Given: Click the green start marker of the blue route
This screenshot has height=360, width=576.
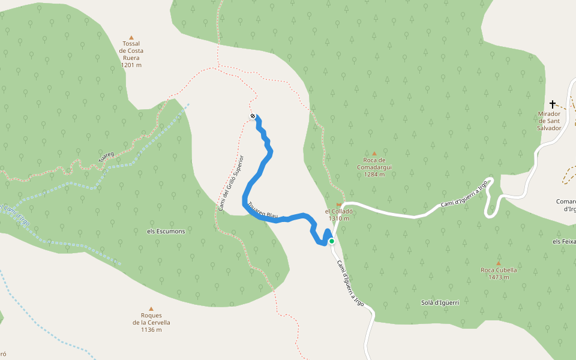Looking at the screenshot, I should coord(331,241).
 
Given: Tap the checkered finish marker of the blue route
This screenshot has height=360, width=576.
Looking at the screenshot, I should coord(253,116).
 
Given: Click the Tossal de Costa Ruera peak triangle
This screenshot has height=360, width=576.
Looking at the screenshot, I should coord(132,37).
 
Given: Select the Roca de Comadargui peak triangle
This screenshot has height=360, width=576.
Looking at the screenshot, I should coord(374,154).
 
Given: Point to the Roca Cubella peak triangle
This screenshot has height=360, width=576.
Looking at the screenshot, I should coord(499,263).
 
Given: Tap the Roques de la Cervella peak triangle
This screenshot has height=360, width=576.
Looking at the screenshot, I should coord(151,308).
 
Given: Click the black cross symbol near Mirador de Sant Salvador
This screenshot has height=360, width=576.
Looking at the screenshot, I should coord(553,104).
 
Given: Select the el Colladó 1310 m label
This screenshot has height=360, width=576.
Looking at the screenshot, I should coord(337,215).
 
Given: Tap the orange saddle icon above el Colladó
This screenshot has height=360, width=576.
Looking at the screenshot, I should coord(338,205).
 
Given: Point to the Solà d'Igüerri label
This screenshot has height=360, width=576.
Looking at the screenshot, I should coord(440,302).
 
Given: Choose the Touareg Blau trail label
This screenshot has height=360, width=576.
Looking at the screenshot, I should coord(263,209).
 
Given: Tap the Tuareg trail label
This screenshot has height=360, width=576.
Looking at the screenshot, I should coord(106,157).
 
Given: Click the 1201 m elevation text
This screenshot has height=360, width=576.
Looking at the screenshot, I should coord(131,65).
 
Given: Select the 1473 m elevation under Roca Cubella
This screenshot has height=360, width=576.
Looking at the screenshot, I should coord(499,277).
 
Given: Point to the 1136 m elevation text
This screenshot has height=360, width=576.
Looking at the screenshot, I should coord(151,329).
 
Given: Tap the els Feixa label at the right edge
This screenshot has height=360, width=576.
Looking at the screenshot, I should coord(563,241).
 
